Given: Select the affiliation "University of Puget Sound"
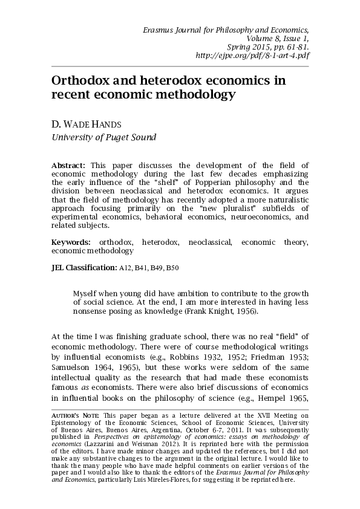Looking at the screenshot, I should [x=103, y=137].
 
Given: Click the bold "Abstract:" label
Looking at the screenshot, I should [x=70, y=165].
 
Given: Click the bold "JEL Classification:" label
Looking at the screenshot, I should [x=83, y=267].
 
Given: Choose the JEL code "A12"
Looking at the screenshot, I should [x=124, y=267].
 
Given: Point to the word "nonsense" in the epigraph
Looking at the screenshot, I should [x=91, y=311].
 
